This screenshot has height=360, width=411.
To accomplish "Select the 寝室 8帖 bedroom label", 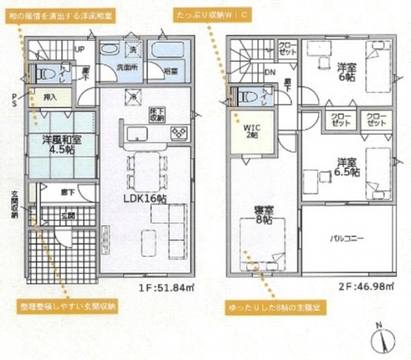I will pyautogui.click(x=261, y=216).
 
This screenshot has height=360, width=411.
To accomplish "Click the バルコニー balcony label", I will pyautogui.click(x=348, y=238).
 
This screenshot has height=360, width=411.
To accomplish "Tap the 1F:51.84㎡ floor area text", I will pyautogui.click(x=165, y=284).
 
